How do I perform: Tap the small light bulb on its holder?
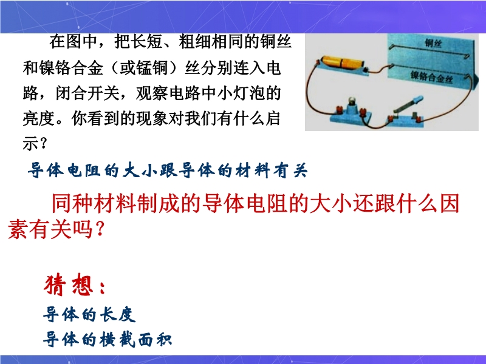coord(352,101)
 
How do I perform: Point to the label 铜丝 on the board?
coord(433,43)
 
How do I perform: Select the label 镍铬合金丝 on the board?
coord(431,76)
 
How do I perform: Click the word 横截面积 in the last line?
coord(135,339)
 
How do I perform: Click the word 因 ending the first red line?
coord(450,203)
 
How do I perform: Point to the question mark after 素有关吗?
coord(100,229)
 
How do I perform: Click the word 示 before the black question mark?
coord(30,143)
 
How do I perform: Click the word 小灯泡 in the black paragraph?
coord(241,93)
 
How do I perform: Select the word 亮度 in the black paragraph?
coord(39,118)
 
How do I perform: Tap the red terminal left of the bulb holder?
coord(339,110)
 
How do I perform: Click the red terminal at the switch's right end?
coord(418,118)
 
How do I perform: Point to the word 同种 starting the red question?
coord(72,203)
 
